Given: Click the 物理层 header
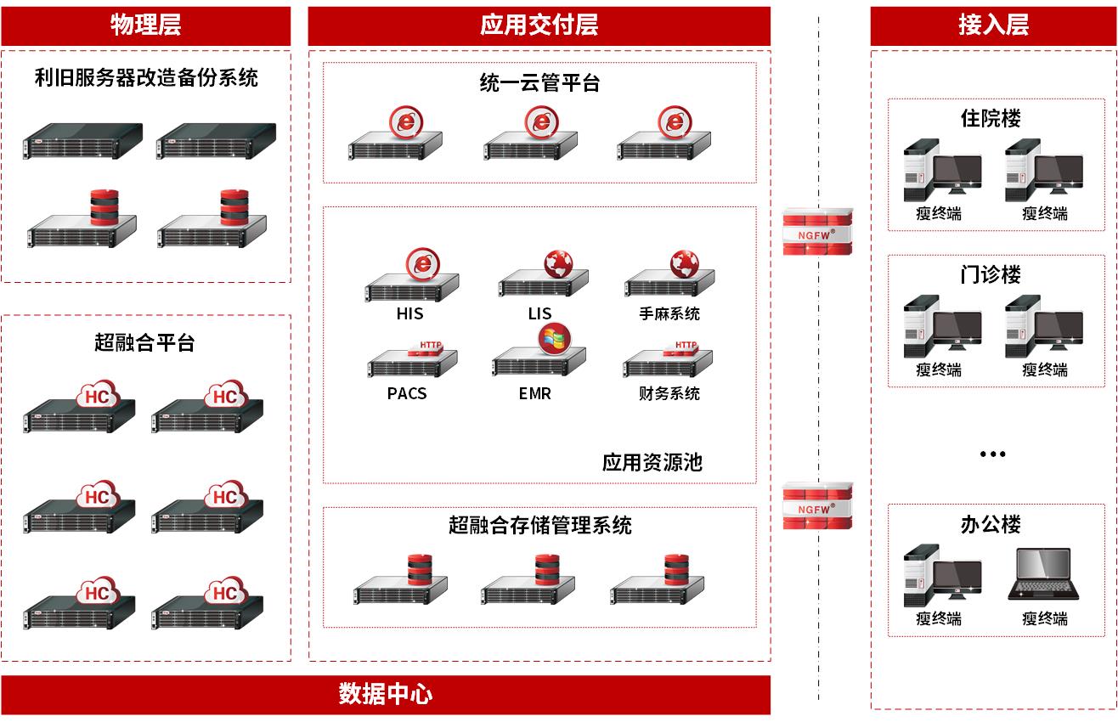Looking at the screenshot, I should coord(145,25).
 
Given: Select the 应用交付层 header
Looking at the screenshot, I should coord(539,25).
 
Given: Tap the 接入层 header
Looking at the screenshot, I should coord(993,25).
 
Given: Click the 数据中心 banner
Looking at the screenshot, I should coord(385,695).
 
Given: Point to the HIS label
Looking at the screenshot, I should coord(409,313).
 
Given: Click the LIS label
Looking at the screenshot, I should coord(539,313).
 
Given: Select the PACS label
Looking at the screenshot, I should coord(407,393).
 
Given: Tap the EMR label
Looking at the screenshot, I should coord(534,393).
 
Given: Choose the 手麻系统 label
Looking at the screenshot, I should coord(669,313).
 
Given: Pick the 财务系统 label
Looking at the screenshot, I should coord(669,393).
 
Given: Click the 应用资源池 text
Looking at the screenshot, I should coord(652,462).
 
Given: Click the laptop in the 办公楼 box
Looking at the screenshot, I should coord(1044,575).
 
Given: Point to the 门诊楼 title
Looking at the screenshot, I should coord(991,274).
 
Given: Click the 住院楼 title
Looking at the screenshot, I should coord(991,118).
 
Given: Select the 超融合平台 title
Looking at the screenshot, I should coord(144,342).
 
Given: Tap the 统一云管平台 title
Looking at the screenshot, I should coord(539,83).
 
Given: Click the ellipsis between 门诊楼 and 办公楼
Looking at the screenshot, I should coord(992,454).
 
